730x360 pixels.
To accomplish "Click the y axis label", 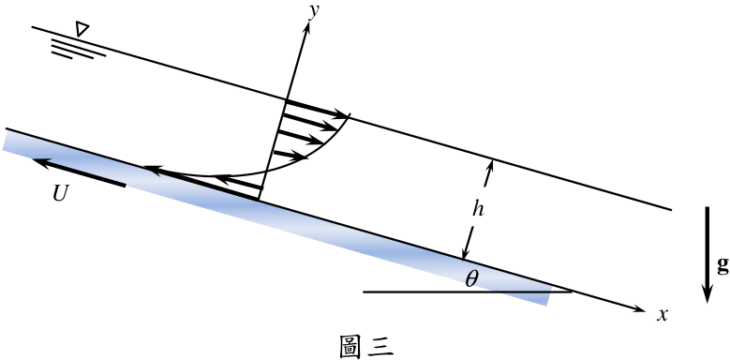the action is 314,11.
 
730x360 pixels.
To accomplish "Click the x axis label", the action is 662,315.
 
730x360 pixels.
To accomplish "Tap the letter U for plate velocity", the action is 61,195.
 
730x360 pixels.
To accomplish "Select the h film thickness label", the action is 478,210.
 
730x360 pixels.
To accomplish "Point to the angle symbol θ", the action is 471,279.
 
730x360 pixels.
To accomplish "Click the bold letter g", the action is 723,266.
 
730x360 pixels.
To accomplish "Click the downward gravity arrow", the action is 708,255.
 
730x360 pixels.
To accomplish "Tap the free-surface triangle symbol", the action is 82,30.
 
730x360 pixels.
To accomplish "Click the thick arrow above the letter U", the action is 79,172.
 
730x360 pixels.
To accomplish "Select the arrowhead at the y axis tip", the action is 307,26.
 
